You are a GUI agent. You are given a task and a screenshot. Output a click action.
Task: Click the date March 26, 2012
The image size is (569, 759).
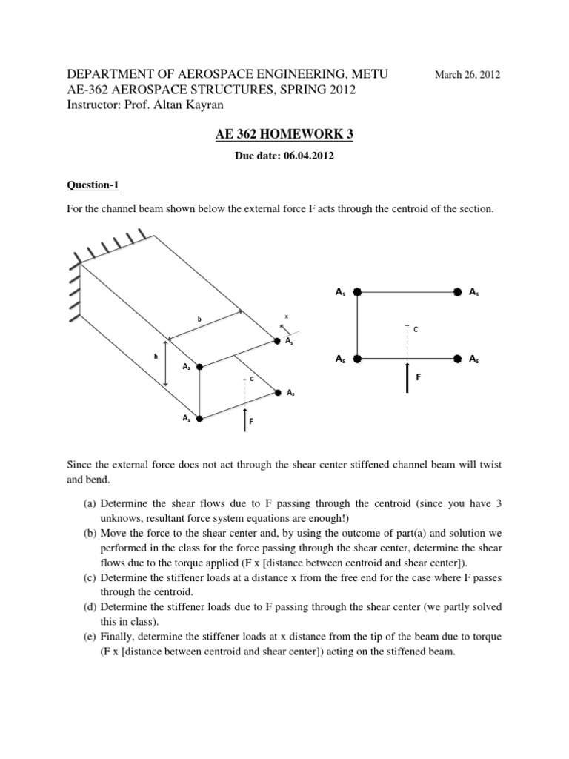tap(467, 75)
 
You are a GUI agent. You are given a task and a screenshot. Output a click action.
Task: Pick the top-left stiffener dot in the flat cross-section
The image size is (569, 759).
tap(357, 292)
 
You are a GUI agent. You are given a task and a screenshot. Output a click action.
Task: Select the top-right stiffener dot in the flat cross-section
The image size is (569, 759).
tap(457, 292)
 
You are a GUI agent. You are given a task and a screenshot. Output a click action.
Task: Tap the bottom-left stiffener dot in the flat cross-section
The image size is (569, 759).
tap(357, 358)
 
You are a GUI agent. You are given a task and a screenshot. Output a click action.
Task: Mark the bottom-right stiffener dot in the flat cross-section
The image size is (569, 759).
tap(457, 358)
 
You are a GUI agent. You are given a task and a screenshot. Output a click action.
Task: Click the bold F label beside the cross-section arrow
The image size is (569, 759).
tap(418, 377)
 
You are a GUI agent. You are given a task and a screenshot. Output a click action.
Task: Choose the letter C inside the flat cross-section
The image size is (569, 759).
tap(416, 329)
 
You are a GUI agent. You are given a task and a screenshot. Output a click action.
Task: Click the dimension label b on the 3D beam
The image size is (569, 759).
tap(198, 319)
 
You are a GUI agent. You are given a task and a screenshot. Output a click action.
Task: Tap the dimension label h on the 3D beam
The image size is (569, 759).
tap(156, 357)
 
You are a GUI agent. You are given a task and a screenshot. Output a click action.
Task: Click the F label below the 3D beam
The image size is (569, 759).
tap(251, 422)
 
